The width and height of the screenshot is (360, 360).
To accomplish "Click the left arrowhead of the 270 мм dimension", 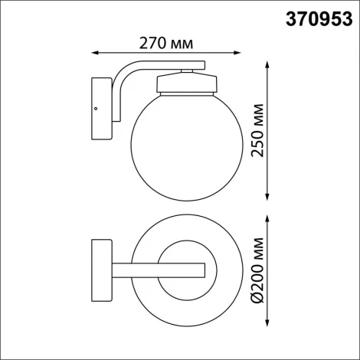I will click(94, 52).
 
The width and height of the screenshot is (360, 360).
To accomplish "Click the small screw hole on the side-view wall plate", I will click(96, 110).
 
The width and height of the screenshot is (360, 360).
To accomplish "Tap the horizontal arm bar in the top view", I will click(157, 269).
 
